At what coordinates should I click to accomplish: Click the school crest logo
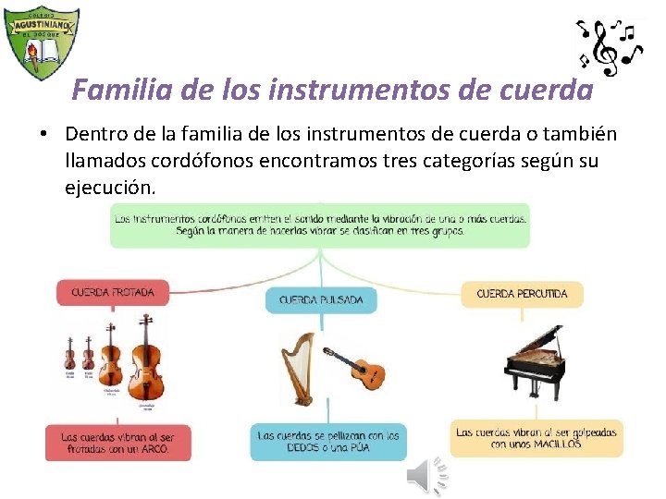coord(41,41)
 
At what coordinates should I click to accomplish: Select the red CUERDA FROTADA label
coord(113,293)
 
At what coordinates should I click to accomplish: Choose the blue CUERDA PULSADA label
coord(321,300)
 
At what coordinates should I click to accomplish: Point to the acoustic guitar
coord(356,368)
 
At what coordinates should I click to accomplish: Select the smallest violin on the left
coord(69,355)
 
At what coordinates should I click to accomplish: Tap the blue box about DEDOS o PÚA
coord(328,441)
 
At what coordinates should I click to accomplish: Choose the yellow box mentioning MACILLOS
coord(536,438)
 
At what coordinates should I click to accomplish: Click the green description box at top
coord(320,225)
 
